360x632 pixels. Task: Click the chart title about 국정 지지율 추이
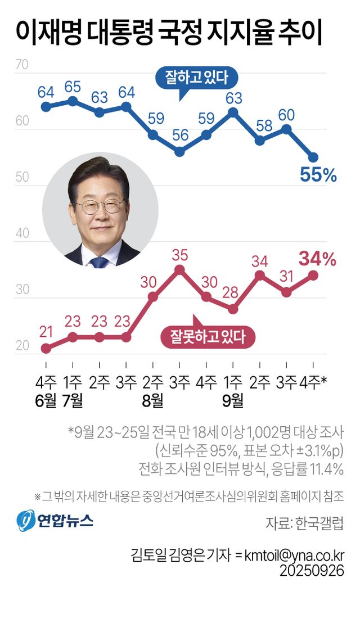[169, 32]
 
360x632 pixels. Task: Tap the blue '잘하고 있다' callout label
[196, 77]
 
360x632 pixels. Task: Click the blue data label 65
[73, 87]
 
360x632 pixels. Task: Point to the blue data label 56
[179, 136]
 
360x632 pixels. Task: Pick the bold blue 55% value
[318, 176]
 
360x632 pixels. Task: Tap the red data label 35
[179, 255]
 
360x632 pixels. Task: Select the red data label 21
[46, 332]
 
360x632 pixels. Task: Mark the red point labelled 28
[233, 309]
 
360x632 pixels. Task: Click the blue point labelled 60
[286, 129]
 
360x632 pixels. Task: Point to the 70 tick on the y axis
[22, 65]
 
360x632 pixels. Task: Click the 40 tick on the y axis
[22, 233]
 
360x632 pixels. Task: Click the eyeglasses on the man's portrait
[100, 206]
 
